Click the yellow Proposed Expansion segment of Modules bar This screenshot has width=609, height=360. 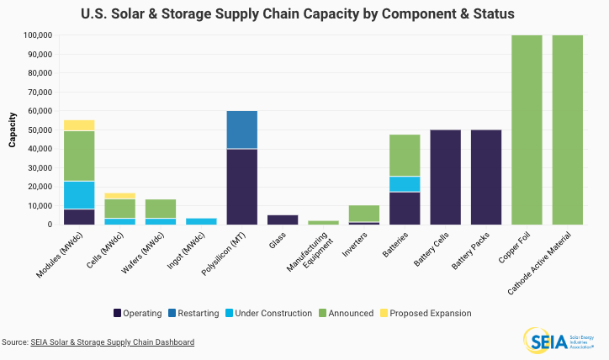click(x=79, y=125)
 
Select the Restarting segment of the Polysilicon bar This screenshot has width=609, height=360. click(x=241, y=130)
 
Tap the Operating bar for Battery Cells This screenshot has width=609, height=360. click(x=445, y=177)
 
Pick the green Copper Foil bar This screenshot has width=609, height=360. click(x=527, y=130)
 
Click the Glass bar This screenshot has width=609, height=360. click(x=283, y=220)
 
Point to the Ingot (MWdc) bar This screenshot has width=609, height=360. click(x=201, y=221)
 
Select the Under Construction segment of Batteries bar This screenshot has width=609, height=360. click(x=405, y=184)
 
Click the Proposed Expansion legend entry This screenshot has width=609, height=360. click(x=426, y=313)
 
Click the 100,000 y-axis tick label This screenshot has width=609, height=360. click(x=38, y=35)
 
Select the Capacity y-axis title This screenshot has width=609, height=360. click(x=13, y=130)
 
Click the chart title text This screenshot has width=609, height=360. click(x=304, y=14)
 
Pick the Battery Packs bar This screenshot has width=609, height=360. click(x=486, y=177)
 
